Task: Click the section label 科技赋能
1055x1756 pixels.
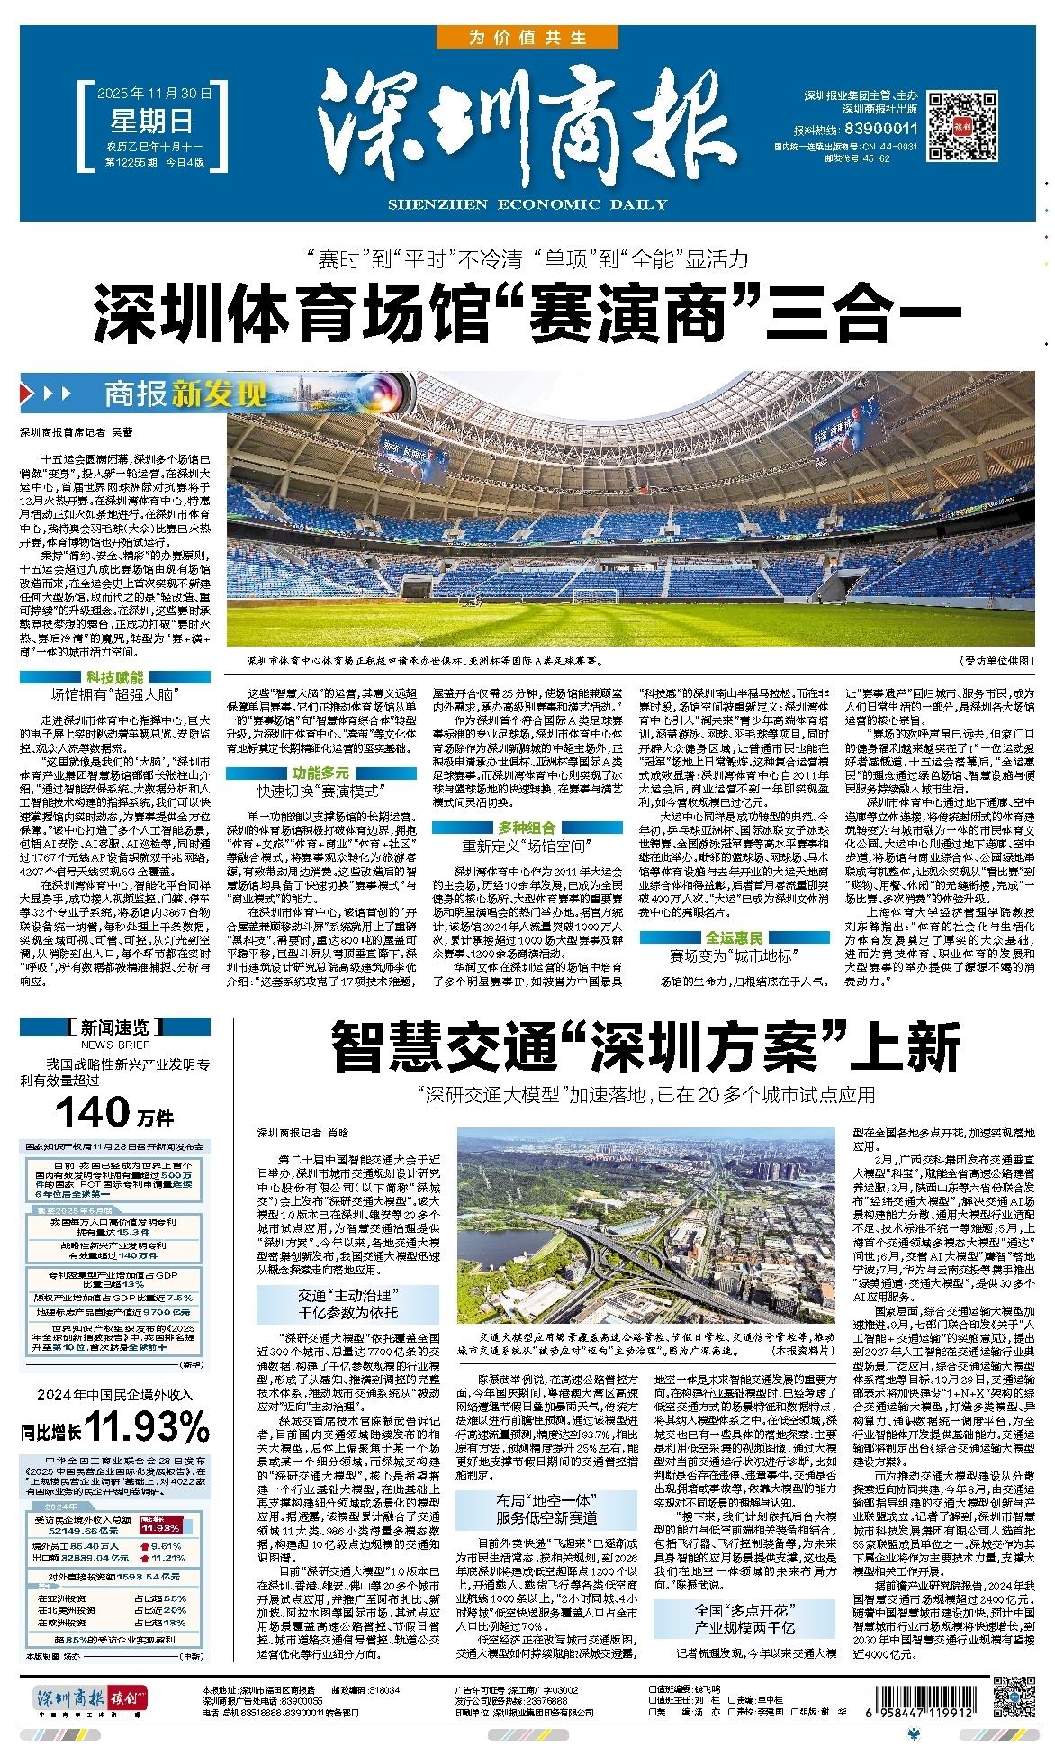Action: pyautogui.click(x=115, y=676)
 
